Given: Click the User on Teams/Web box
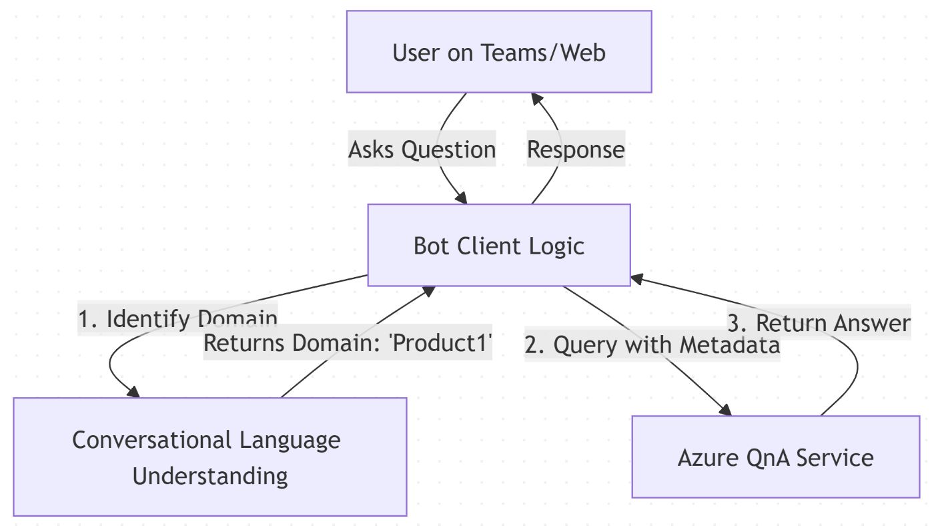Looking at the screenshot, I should coord(499,51).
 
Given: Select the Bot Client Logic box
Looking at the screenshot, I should coord(499,245).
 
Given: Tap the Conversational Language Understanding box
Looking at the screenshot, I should coord(209,457).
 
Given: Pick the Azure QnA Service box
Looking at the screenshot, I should coord(775,457).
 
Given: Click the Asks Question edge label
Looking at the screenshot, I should coord(422,149).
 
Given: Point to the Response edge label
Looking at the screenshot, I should coord(576,149).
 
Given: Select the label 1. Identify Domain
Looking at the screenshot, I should coord(177,318).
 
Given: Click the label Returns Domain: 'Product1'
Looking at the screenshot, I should coord(347,343).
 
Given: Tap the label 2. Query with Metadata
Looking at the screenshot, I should coord(652,345).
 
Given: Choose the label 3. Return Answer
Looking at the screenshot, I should coord(819,323).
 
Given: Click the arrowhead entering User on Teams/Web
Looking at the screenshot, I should coord(535,97).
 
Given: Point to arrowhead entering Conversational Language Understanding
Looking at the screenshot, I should coord(133,392).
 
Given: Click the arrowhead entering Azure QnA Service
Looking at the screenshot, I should coord(726,411).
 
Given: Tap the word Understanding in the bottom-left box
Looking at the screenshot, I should coord(209,476).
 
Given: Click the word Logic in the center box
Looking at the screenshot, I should coord(557,246).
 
